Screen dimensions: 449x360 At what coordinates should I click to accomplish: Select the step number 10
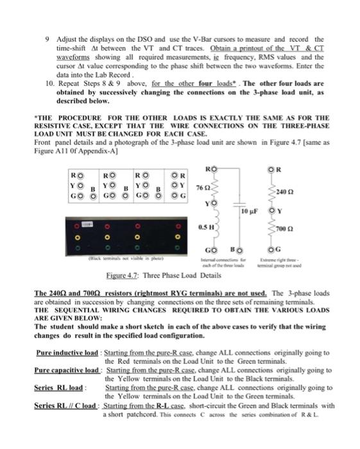49,83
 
